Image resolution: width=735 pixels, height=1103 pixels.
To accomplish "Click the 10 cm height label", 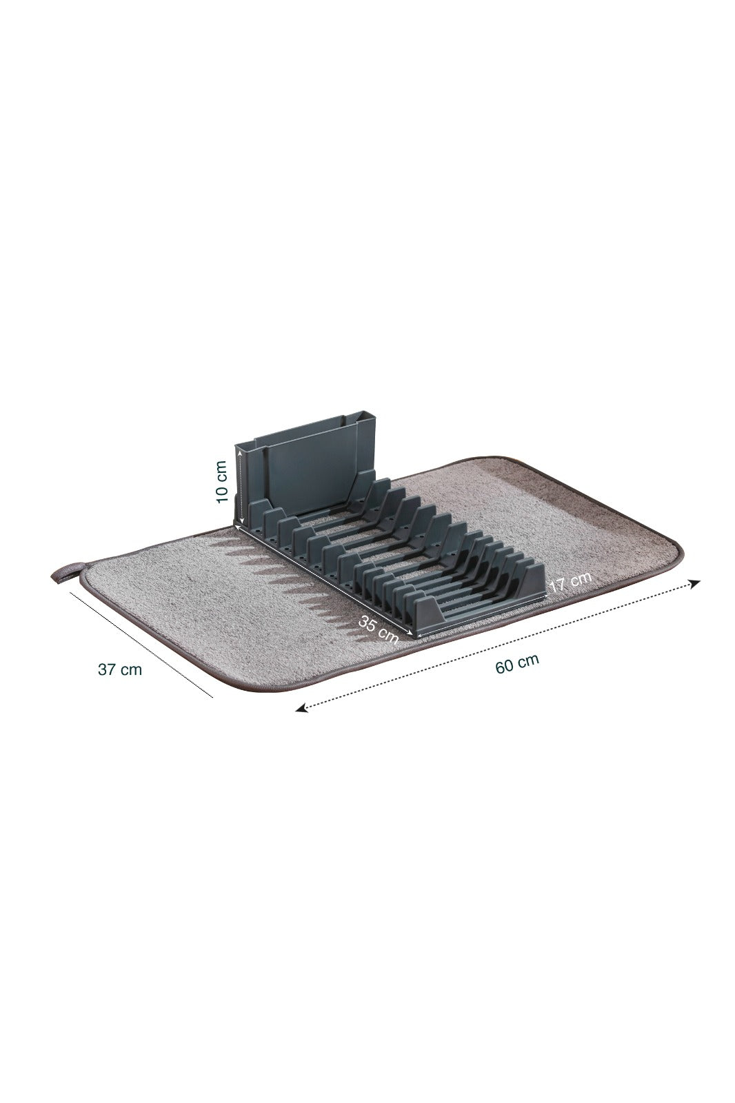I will pos(221,483).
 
